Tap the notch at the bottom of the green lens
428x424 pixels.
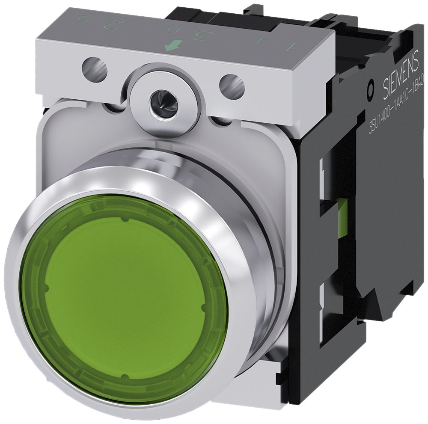click(124, 377)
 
